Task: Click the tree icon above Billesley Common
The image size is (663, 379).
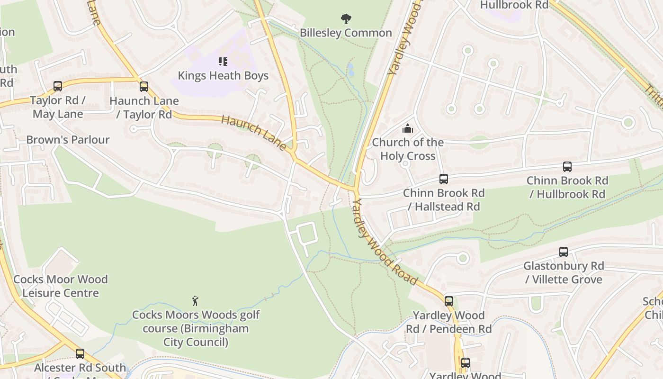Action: pos(346,19)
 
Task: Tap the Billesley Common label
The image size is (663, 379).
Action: pos(346,33)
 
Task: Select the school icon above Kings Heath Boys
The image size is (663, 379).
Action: pos(223,61)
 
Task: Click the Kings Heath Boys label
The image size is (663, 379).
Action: pos(223,75)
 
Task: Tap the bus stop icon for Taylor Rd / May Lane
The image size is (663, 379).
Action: pos(58,86)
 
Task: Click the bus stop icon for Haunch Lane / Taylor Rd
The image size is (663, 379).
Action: pos(144,87)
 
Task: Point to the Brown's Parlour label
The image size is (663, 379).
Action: pos(68,140)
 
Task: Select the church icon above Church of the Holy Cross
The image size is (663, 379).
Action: pos(408,128)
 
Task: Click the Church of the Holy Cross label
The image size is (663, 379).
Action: pos(408,149)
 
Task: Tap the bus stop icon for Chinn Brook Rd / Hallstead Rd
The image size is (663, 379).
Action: pos(444,179)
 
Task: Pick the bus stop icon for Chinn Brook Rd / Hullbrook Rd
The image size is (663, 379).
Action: pos(567,167)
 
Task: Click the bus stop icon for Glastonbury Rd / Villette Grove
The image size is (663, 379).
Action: pos(564,252)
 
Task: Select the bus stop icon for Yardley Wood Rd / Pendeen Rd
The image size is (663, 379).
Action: pos(449,301)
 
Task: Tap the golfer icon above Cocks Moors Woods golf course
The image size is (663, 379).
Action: pos(195,301)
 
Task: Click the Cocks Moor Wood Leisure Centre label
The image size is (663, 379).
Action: pos(61,286)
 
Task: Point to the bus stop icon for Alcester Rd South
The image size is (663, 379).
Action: pos(80,354)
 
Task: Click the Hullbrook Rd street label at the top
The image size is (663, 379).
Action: pos(514,5)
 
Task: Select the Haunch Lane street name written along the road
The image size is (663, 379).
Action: pos(254,133)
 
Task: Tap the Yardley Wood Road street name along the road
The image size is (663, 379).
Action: pos(385,242)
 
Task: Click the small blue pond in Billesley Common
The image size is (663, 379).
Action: pos(350,70)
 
